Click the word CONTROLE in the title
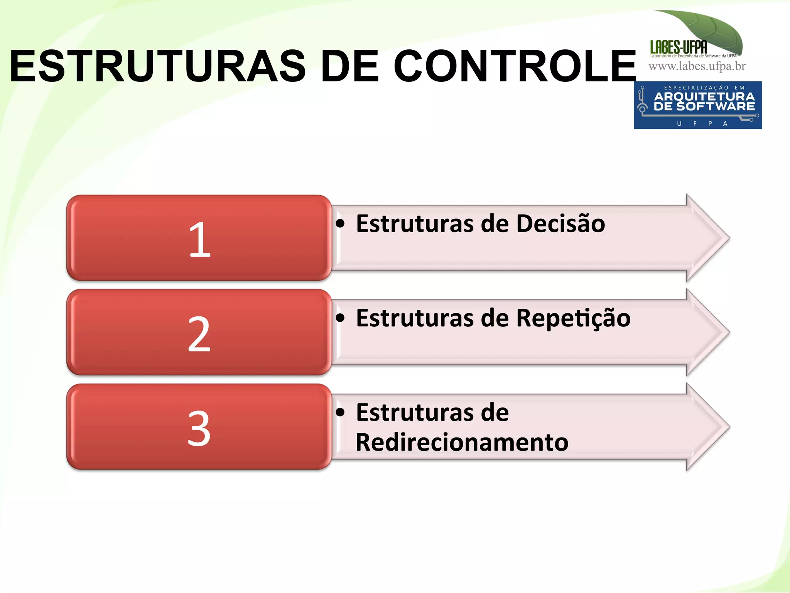[515, 66]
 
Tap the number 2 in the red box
[199, 334]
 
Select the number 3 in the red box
[199, 428]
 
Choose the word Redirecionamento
[462, 442]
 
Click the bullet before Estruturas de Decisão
[340, 223]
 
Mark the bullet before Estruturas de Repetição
[340, 318]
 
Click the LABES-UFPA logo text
[679, 47]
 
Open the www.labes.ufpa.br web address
[697, 66]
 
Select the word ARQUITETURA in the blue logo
[704, 96]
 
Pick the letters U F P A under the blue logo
[702, 124]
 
